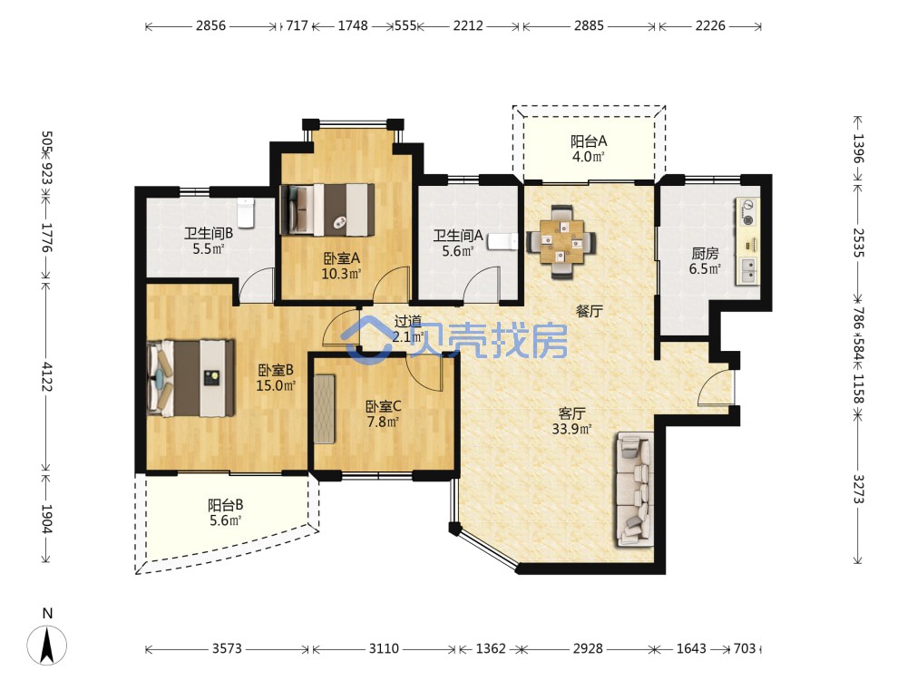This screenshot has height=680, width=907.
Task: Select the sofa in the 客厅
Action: [x=635, y=490]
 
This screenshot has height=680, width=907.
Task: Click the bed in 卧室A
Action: [x=327, y=209]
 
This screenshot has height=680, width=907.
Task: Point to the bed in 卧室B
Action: [x=191, y=378]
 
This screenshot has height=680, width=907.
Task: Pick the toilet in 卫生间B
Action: [x=246, y=212]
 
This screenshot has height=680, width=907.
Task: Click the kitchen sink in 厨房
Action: [x=748, y=270]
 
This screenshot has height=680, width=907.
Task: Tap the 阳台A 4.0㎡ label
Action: [x=589, y=149]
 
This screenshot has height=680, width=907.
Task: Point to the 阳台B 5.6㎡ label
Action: [x=226, y=513]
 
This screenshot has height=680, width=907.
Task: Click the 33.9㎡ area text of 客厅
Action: [x=571, y=429]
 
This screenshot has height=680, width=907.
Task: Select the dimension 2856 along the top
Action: [x=210, y=25]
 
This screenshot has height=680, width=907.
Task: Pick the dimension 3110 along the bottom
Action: [x=384, y=649]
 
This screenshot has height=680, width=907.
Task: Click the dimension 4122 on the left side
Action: [x=47, y=376]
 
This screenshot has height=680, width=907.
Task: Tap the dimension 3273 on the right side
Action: [x=858, y=490]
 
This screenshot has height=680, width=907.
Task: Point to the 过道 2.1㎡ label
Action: [x=408, y=329]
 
